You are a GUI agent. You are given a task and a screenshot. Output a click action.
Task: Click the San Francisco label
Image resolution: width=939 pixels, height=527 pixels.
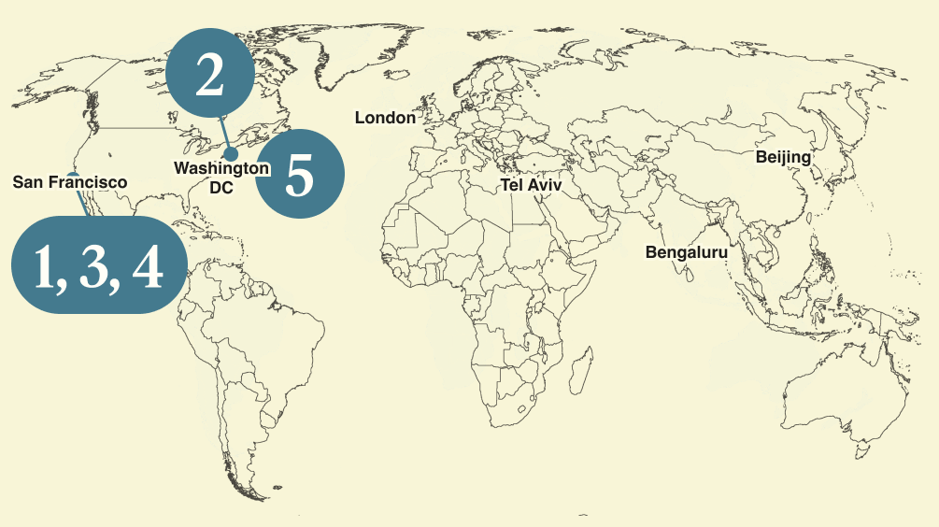(x=70, y=182)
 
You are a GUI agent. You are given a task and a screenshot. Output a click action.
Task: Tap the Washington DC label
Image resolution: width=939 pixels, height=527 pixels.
(x=221, y=178)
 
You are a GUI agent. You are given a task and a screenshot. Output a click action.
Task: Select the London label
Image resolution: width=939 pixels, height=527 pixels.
(x=385, y=118)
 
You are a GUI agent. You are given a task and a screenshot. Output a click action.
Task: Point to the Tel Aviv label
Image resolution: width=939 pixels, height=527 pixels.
(x=532, y=185)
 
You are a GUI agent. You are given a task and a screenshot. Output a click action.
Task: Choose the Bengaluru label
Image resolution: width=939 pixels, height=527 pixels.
(x=687, y=252)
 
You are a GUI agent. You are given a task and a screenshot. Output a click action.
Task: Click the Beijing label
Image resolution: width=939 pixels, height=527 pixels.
(x=783, y=157)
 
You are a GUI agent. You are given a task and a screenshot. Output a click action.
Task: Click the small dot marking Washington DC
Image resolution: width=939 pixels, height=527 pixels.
(x=231, y=153)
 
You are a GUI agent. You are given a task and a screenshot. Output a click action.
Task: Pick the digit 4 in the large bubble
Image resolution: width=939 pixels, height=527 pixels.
(x=148, y=268)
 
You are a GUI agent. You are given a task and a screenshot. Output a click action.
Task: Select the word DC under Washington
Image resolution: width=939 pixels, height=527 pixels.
(x=221, y=188)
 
